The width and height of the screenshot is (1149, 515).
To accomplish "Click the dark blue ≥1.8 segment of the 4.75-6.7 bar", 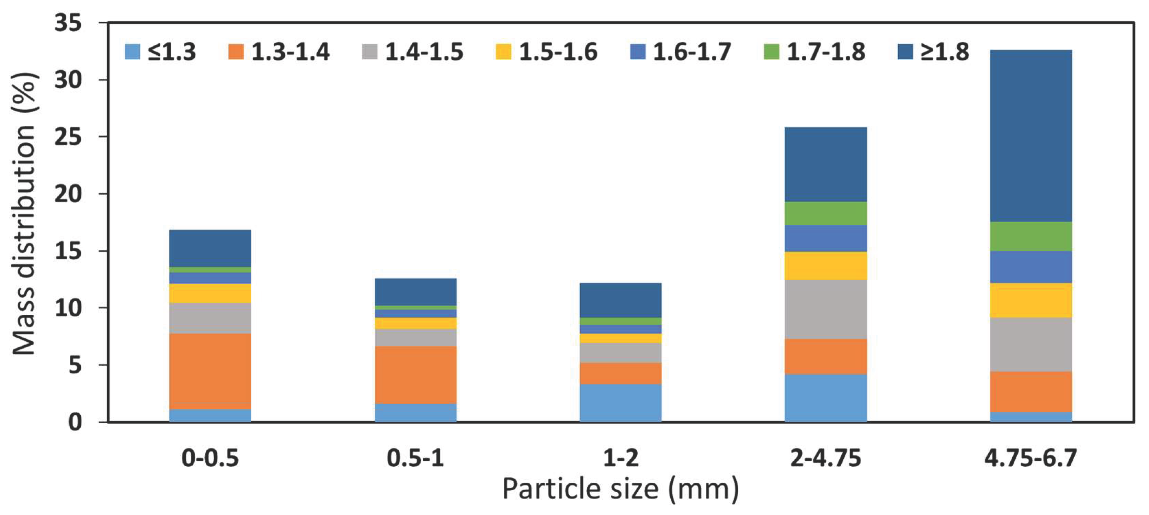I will click(1031, 136).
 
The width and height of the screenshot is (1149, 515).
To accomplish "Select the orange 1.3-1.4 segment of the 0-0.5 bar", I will click(210, 371).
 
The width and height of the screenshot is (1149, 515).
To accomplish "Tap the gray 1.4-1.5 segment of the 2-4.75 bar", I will click(826, 309).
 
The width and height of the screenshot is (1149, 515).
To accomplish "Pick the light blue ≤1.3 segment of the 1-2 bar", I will click(621, 403).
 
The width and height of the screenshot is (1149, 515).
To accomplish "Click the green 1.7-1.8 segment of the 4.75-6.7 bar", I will click(1031, 236).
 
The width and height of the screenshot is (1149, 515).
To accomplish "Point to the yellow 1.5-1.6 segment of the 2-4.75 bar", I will click(826, 266).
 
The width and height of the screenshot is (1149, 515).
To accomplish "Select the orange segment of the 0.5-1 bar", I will click(415, 375).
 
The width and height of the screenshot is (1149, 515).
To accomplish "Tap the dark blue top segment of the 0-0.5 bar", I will click(210, 249).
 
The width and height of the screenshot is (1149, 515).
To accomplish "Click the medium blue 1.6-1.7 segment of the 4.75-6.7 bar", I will click(1031, 267).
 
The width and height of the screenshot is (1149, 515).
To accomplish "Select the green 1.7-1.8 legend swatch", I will click(772, 52).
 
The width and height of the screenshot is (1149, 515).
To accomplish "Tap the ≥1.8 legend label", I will click(945, 52).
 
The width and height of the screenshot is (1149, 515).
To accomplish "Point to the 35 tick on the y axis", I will click(68, 23).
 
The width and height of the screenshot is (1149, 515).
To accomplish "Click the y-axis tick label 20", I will click(68, 194).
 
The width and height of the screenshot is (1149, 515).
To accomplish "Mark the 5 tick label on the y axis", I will click(75, 366).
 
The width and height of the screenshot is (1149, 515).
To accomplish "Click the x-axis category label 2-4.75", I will click(826, 458).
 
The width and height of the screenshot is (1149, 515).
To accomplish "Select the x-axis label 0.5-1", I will click(415, 458).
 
